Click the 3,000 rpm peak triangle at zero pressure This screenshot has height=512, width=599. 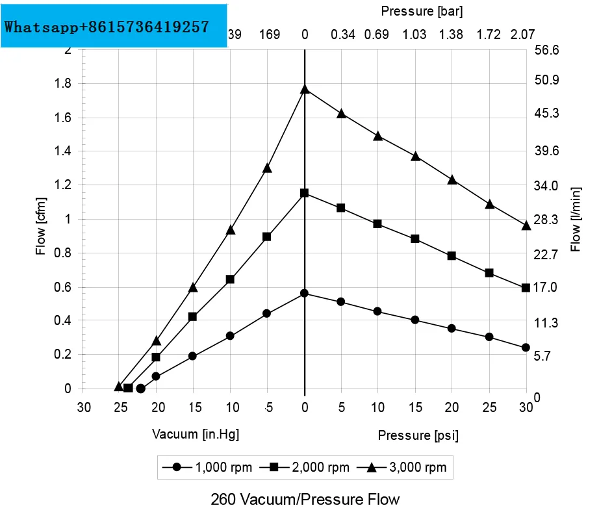coord(305,89)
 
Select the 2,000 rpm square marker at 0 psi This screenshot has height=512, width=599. coord(305,193)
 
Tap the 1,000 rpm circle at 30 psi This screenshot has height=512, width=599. coord(526,348)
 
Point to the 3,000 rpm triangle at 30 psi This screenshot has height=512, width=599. coord(526,225)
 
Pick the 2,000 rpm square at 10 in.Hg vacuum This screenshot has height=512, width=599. coord(230,279)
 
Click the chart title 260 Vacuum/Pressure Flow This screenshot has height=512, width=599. coord(305,499)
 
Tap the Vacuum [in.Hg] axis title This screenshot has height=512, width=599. coord(196,434)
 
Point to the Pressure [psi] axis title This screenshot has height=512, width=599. coord(418,435)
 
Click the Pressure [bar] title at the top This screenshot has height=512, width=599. coord(422,11)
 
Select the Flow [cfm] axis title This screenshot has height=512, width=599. coord(41,217)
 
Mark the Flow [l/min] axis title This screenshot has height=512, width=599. coord(576,217)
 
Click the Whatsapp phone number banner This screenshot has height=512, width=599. coord(114,27)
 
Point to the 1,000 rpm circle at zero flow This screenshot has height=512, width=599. coord(140,389)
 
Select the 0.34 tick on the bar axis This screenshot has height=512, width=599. coord(342,34)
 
